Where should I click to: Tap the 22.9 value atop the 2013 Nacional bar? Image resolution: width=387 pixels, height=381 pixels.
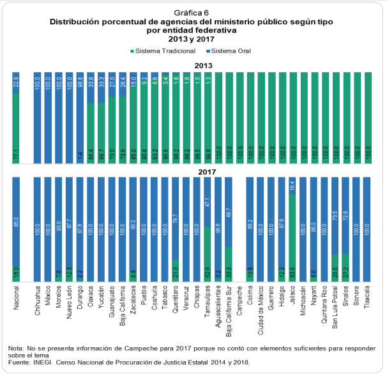coord(17,83)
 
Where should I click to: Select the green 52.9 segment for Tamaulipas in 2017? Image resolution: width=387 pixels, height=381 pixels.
coord(207,255)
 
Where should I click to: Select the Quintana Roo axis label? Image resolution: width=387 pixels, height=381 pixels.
coord(324,307)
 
